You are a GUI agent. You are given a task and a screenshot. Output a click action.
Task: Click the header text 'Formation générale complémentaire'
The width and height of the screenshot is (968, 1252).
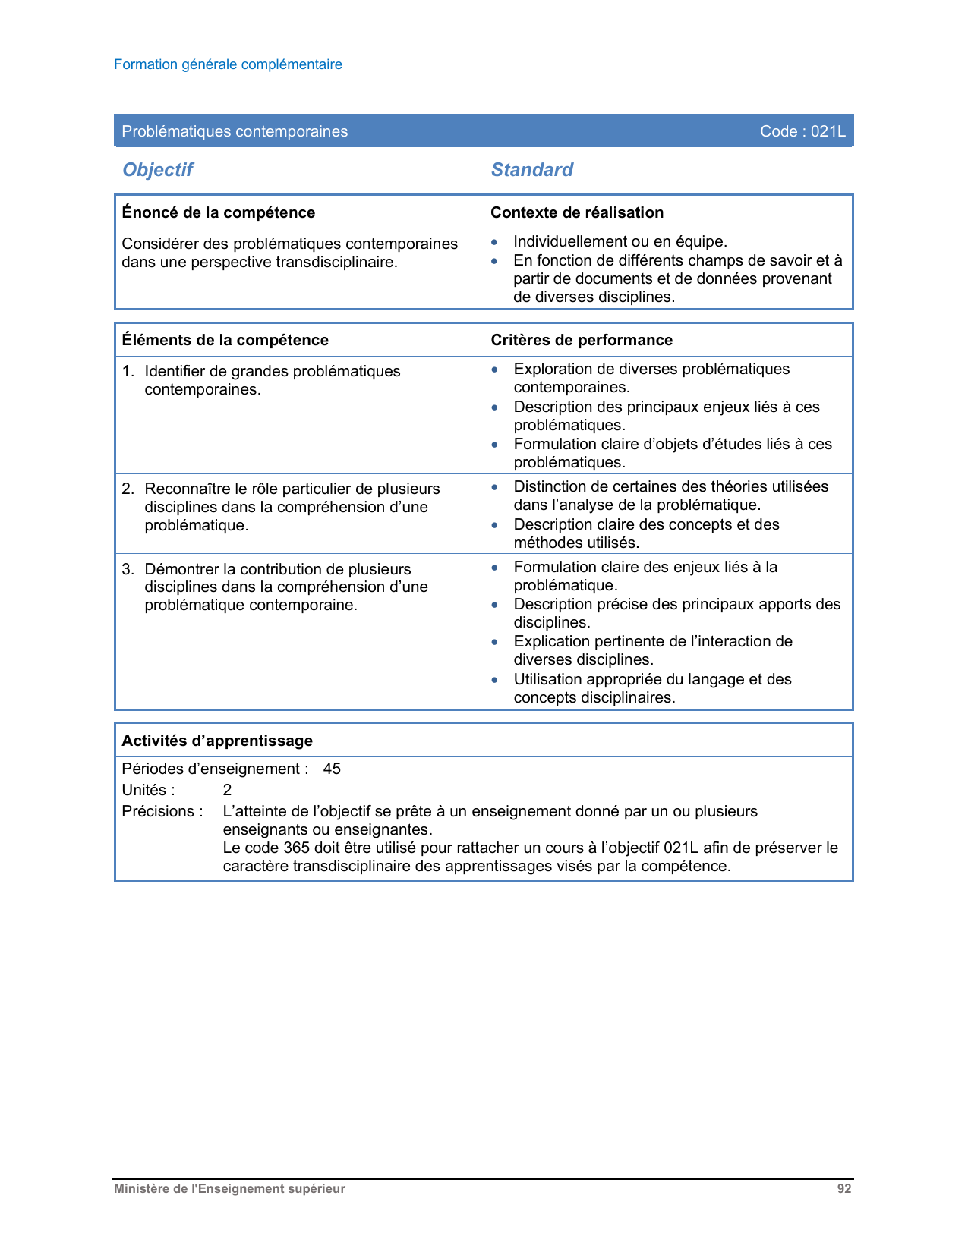click(228, 64)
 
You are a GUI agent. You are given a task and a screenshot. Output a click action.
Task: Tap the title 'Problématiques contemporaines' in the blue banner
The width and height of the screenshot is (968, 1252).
click(235, 131)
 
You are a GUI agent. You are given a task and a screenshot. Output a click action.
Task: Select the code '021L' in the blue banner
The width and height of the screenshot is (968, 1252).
click(828, 131)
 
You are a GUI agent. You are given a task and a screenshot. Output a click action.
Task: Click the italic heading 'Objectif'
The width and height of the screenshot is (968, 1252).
click(158, 169)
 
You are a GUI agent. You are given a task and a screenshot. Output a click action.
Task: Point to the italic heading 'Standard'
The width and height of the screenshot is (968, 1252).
click(531, 169)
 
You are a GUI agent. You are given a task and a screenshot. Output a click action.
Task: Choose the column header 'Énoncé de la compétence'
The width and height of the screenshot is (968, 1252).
click(218, 212)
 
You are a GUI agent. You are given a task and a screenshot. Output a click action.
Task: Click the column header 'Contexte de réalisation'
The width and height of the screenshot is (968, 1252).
click(577, 212)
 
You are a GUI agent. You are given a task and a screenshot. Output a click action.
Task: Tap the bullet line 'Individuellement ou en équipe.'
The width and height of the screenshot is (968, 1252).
click(620, 241)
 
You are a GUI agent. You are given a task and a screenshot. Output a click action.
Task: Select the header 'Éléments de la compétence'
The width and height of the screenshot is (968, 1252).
click(225, 340)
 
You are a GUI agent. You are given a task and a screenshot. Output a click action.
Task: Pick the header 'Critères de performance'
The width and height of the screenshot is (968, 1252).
click(582, 340)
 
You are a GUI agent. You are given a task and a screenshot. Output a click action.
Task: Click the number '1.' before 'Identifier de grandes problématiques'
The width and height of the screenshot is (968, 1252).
click(128, 371)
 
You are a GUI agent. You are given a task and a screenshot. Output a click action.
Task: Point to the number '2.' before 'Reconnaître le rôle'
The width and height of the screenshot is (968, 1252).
click(128, 489)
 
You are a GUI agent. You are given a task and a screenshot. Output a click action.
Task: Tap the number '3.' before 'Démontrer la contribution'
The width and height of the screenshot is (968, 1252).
click(128, 569)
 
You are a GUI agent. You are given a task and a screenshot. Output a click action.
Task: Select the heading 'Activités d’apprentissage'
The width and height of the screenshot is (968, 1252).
click(217, 741)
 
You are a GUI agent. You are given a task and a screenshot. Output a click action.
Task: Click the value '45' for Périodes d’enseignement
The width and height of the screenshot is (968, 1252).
click(332, 769)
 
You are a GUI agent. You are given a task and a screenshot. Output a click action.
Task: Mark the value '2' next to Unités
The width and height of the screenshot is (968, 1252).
click(227, 790)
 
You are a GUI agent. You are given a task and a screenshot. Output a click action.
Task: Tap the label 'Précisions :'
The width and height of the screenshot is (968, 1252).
click(162, 811)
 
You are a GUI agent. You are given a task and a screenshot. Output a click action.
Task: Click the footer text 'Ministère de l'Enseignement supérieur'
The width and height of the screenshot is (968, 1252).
click(229, 1189)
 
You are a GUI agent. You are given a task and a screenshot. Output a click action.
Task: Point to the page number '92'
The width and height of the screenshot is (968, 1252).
click(844, 1189)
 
